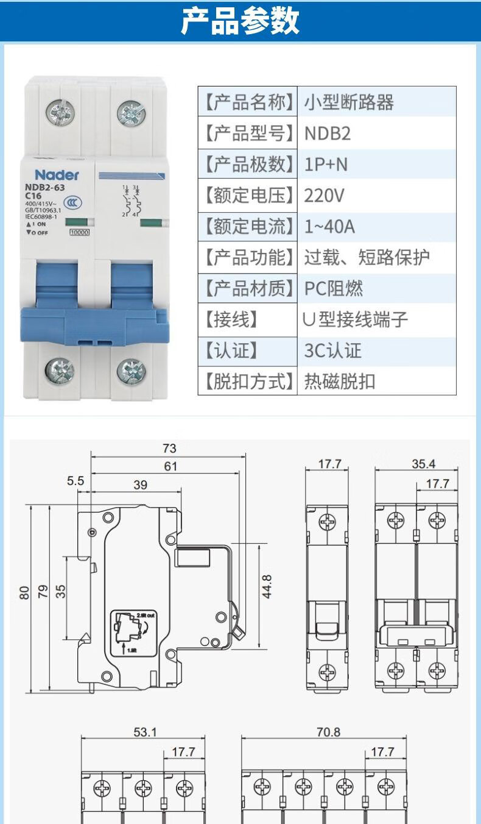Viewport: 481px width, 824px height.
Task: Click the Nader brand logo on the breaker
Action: click(x=57, y=175)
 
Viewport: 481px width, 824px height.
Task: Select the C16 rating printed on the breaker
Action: click(x=34, y=196)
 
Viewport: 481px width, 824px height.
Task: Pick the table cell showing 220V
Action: click(x=325, y=196)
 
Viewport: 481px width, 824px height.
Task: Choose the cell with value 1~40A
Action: click(x=329, y=227)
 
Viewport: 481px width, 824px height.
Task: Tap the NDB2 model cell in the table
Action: click(x=328, y=133)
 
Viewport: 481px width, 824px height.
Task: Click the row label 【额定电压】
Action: click(x=248, y=196)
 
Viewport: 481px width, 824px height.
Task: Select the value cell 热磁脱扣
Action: click(x=340, y=382)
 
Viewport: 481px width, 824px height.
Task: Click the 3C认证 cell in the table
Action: click(x=332, y=350)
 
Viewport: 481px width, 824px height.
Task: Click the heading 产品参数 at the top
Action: click(x=240, y=21)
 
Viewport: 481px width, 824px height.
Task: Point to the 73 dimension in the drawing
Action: click(x=169, y=448)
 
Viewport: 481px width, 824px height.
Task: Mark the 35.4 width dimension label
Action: click(x=423, y=464)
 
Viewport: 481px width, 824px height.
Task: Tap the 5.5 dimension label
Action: click(x=75, y=481)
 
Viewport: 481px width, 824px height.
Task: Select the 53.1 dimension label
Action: click(x=145, y=732)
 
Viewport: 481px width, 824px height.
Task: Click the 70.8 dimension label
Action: click(x=328, y=732)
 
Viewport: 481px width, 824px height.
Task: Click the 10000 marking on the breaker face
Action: click(x=80, y=232)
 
